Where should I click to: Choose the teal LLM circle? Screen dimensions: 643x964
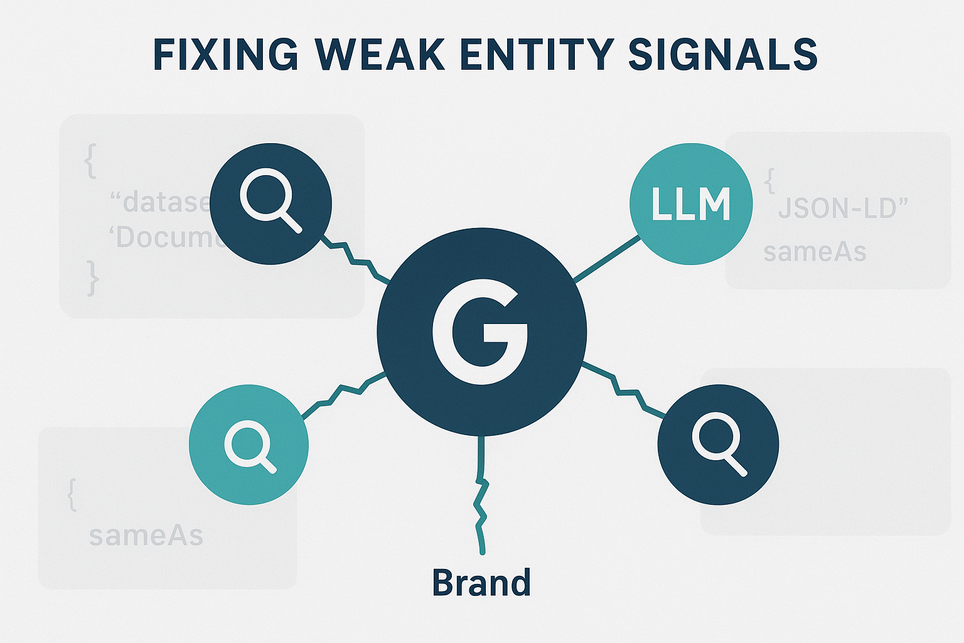[x=691, y=204]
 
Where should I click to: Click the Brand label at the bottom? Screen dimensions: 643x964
[x=481, y=583]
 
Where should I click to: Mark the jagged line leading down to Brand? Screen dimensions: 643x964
[x=481, y=496]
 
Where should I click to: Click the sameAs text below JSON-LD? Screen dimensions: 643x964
[x=815, y=252]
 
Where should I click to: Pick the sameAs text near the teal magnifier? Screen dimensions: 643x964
[x=146, y=536]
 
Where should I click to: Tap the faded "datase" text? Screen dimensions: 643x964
[x=160, y=202]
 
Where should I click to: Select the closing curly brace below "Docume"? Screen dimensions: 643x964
[x=93, y=278]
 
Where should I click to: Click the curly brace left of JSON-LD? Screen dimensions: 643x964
[x=769, y=181]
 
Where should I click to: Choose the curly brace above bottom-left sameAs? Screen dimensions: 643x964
[x=72, y=495]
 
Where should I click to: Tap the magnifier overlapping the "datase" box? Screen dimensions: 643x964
[x=270, y=200]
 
